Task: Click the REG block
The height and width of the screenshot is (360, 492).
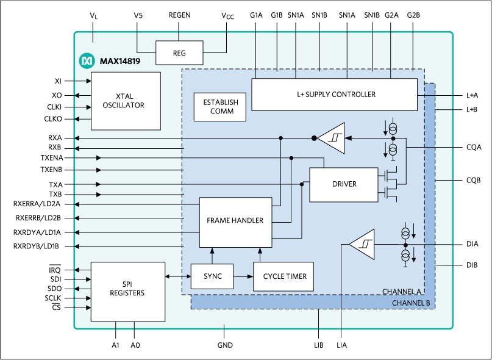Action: [x=179, y=53]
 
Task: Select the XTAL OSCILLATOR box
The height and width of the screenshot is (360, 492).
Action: [x=126, y=101]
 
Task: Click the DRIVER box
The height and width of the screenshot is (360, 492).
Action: [x=344, y=184]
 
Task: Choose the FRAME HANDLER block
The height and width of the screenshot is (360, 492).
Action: [x=235, y=220]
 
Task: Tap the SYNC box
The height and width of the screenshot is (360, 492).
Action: [x=213, y=276]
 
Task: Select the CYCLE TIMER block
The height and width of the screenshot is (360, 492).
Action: [x=283, y=276]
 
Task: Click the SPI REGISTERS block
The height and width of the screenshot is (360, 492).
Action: [x=127, y=292]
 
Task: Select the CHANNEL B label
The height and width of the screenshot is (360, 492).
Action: [x=412, y=303]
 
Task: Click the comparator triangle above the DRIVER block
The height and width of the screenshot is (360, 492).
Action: [x=332, y=139]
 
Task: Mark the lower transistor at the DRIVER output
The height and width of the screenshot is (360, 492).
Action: [x=388, y=192]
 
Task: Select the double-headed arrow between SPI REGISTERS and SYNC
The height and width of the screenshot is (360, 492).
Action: [x=177, y=276]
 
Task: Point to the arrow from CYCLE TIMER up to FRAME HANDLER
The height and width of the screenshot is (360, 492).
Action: [x=260, y=254]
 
